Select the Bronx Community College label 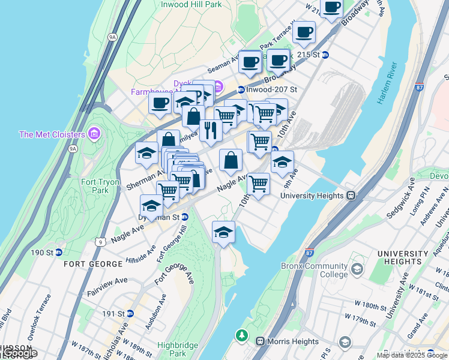[314, 270]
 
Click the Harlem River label [388, 83]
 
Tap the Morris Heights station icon [261, 341]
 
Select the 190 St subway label [46, 252]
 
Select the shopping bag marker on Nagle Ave [231, 160]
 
